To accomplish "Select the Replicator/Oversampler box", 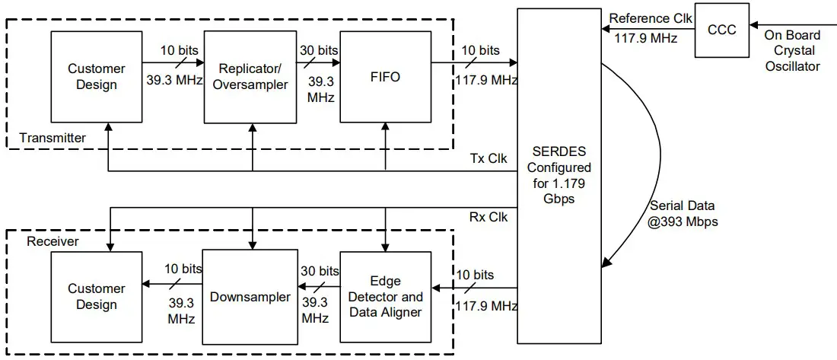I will [250, 77].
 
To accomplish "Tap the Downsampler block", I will [250, 297].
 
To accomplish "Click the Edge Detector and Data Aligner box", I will [385, 297].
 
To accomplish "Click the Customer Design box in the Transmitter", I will [97, 77].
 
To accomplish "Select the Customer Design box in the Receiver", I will [97, 297].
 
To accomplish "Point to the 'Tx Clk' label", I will [488, 158].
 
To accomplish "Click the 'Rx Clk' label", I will [488, 217].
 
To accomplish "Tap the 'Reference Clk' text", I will [651, 19].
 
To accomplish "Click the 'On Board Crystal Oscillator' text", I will [791, 50].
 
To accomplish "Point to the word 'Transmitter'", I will [53, 138].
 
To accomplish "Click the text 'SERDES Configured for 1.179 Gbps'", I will [559, 175].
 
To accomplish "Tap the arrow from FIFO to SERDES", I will [479, 64].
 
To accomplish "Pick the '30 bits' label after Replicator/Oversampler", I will [317, 50].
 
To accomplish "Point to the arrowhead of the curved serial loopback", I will [605, 263].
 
